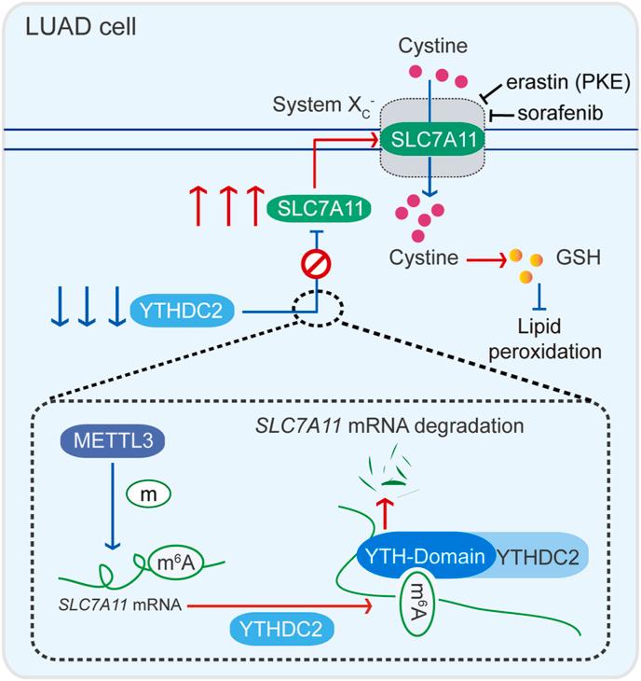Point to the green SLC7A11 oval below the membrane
click(320, 206)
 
